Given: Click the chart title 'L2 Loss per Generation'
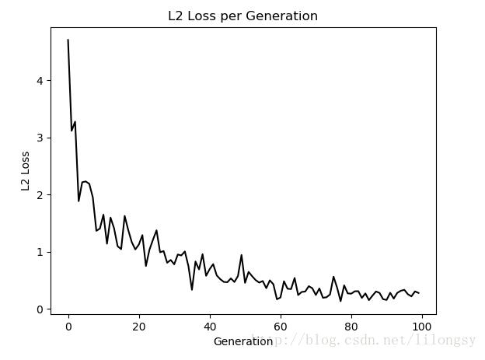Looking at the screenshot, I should pos(242,16).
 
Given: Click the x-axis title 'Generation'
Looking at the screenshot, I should pos(243,341).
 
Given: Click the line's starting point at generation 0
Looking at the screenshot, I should pos(68,40).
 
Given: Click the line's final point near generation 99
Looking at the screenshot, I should pos(418,293).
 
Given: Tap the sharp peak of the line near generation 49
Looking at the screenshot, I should pos(242,255).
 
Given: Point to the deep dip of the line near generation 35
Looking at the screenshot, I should pos(192,290).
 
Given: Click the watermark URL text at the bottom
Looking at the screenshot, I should pos(365,341).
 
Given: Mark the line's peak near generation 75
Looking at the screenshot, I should pos(333,277).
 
